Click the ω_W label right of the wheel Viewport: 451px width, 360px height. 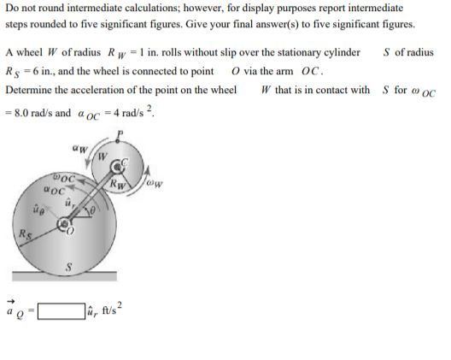(x=155, y=180)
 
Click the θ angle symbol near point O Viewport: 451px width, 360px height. (x=92, y=211)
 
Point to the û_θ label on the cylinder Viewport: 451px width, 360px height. (x=38, y=208)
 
